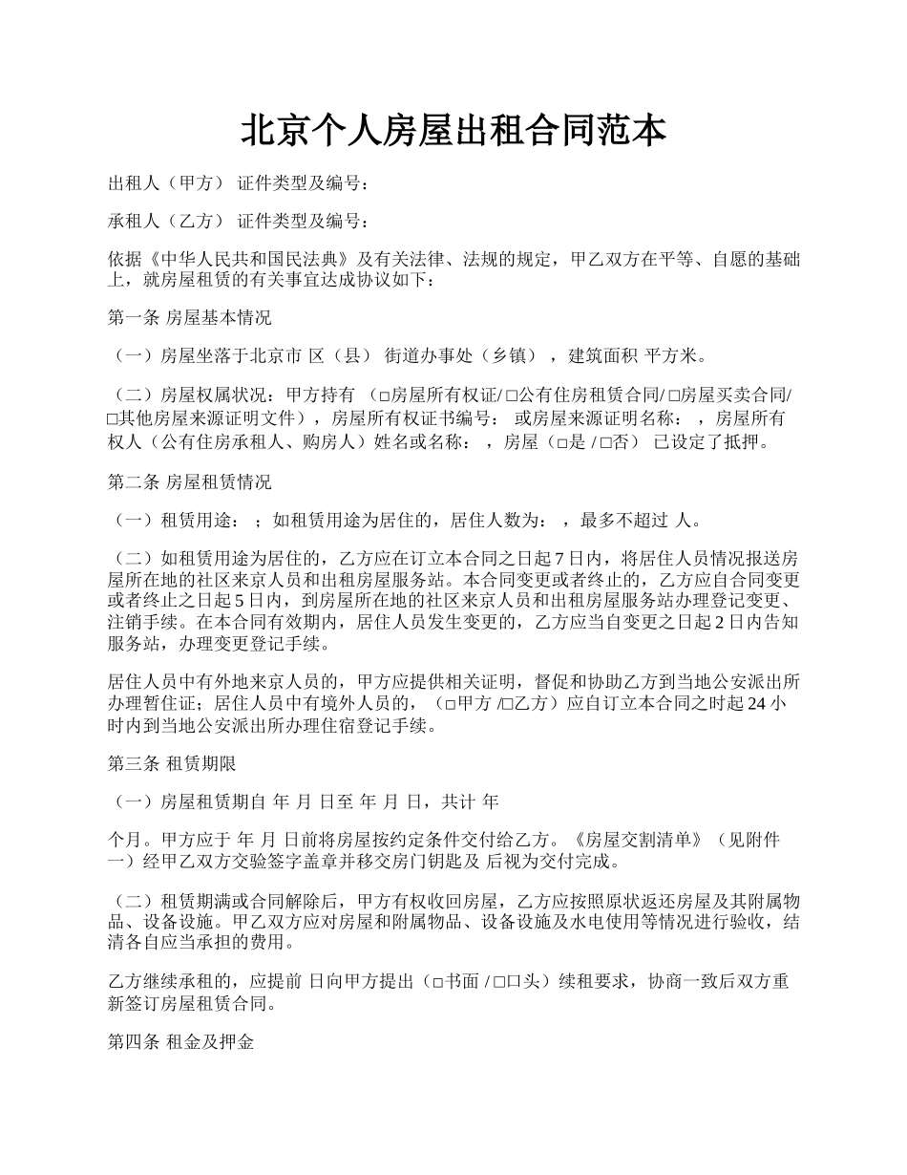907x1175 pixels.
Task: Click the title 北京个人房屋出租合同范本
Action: (x=453, y=131)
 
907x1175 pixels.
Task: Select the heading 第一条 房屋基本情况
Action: (x=190, y=317)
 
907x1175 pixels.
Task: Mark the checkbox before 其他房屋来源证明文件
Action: (x=112, y=419)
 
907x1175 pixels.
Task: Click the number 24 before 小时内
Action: (x=755, y=705)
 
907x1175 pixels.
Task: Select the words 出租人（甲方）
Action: (x=166, y=183)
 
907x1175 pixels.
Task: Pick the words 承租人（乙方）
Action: (x=166, y=222)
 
